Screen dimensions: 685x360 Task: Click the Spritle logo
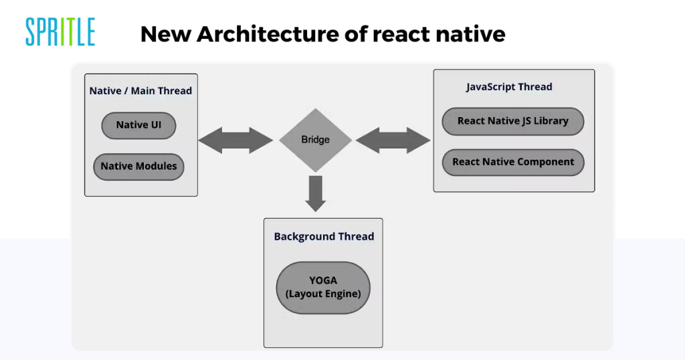point(60,32)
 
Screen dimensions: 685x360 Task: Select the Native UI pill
point(138,125)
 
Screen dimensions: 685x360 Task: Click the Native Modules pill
point(138,167)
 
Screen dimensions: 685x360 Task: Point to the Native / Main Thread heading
point(140,91)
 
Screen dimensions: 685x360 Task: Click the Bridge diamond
point(316,140)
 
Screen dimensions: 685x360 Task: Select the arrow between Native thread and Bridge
point(235,141)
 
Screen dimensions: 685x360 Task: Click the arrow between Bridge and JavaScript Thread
point(393,141)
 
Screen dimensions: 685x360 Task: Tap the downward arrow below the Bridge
point(316,193)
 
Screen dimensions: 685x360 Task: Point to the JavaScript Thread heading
point(509,87)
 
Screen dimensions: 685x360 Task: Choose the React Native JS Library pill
point(513,121)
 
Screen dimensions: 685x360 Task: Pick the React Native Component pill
point(513,162)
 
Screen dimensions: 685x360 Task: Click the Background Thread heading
point(324,236)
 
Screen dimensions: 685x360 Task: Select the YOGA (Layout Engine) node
point(323,288)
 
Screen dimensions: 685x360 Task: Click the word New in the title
point(165,34)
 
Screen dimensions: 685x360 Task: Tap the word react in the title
point(401,35)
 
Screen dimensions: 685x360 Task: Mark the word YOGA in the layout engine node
point(323,280)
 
